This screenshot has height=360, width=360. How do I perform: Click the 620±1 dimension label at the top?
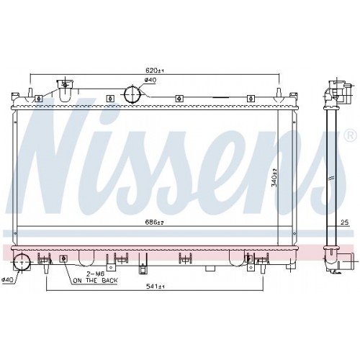pyautogui.click(x=155, y=71)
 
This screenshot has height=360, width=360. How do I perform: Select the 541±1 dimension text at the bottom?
pyautogui.click(x=156, y=287)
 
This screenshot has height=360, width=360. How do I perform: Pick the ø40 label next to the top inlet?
pyautogui.click(x=150, y=81)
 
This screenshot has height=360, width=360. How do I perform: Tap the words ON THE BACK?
pyautogui.click(x=90, y=282)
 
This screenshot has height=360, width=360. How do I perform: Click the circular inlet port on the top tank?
pyautogui.click(x=132, y=94)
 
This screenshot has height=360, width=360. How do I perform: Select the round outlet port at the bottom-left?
pyautogui.click(x=22, y=263)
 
